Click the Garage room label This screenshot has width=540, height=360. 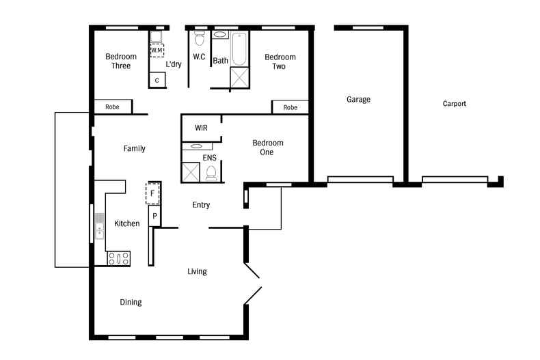point(358,100)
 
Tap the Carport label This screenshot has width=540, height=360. point(455,104)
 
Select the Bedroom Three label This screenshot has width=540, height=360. point(121,61)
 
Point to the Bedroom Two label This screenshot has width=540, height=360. point(280,61)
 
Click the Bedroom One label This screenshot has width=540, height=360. point(267,148)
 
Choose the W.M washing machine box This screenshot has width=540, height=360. point(157,51)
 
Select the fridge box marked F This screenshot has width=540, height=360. point(154,193)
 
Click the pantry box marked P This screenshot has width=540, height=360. point(154,217)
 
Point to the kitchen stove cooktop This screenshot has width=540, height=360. point(119,259)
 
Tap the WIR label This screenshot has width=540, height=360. point(201,128)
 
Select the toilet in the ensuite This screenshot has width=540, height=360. point(211,173)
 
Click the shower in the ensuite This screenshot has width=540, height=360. point(191,172)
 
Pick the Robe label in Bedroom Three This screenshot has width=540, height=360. point(113,107)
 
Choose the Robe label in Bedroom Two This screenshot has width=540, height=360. point(291,107)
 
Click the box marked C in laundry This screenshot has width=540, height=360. point(157,81)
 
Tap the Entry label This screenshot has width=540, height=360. point(201,205)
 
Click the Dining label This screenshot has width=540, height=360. point(131,302)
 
